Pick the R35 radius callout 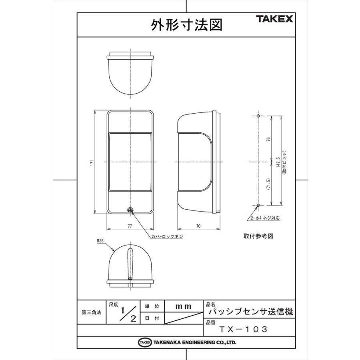pyautogui.click(x=100, y=241)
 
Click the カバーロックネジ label pyautogui.click(x=167, y=236)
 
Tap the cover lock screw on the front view pyautogui.click(x=130, y=210)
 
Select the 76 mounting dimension pyautogui.click(x=269, y=139)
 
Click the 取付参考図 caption pyautogui.click(x=258, y=236)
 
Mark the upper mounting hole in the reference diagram pyautogui.click(x=258, y=116)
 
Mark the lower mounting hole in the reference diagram pyautogui.click(x=258, y=205)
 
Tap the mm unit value pyautogui.click(x=184, y=306)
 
